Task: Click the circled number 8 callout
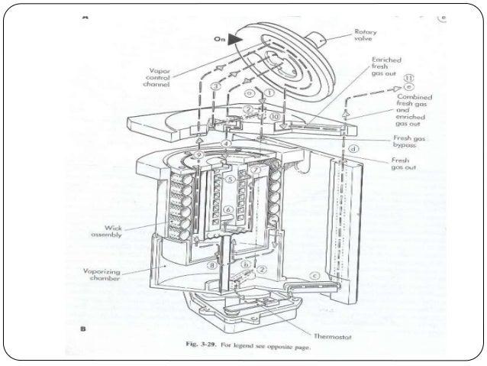point(212,267)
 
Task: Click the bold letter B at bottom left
point(82,329)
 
